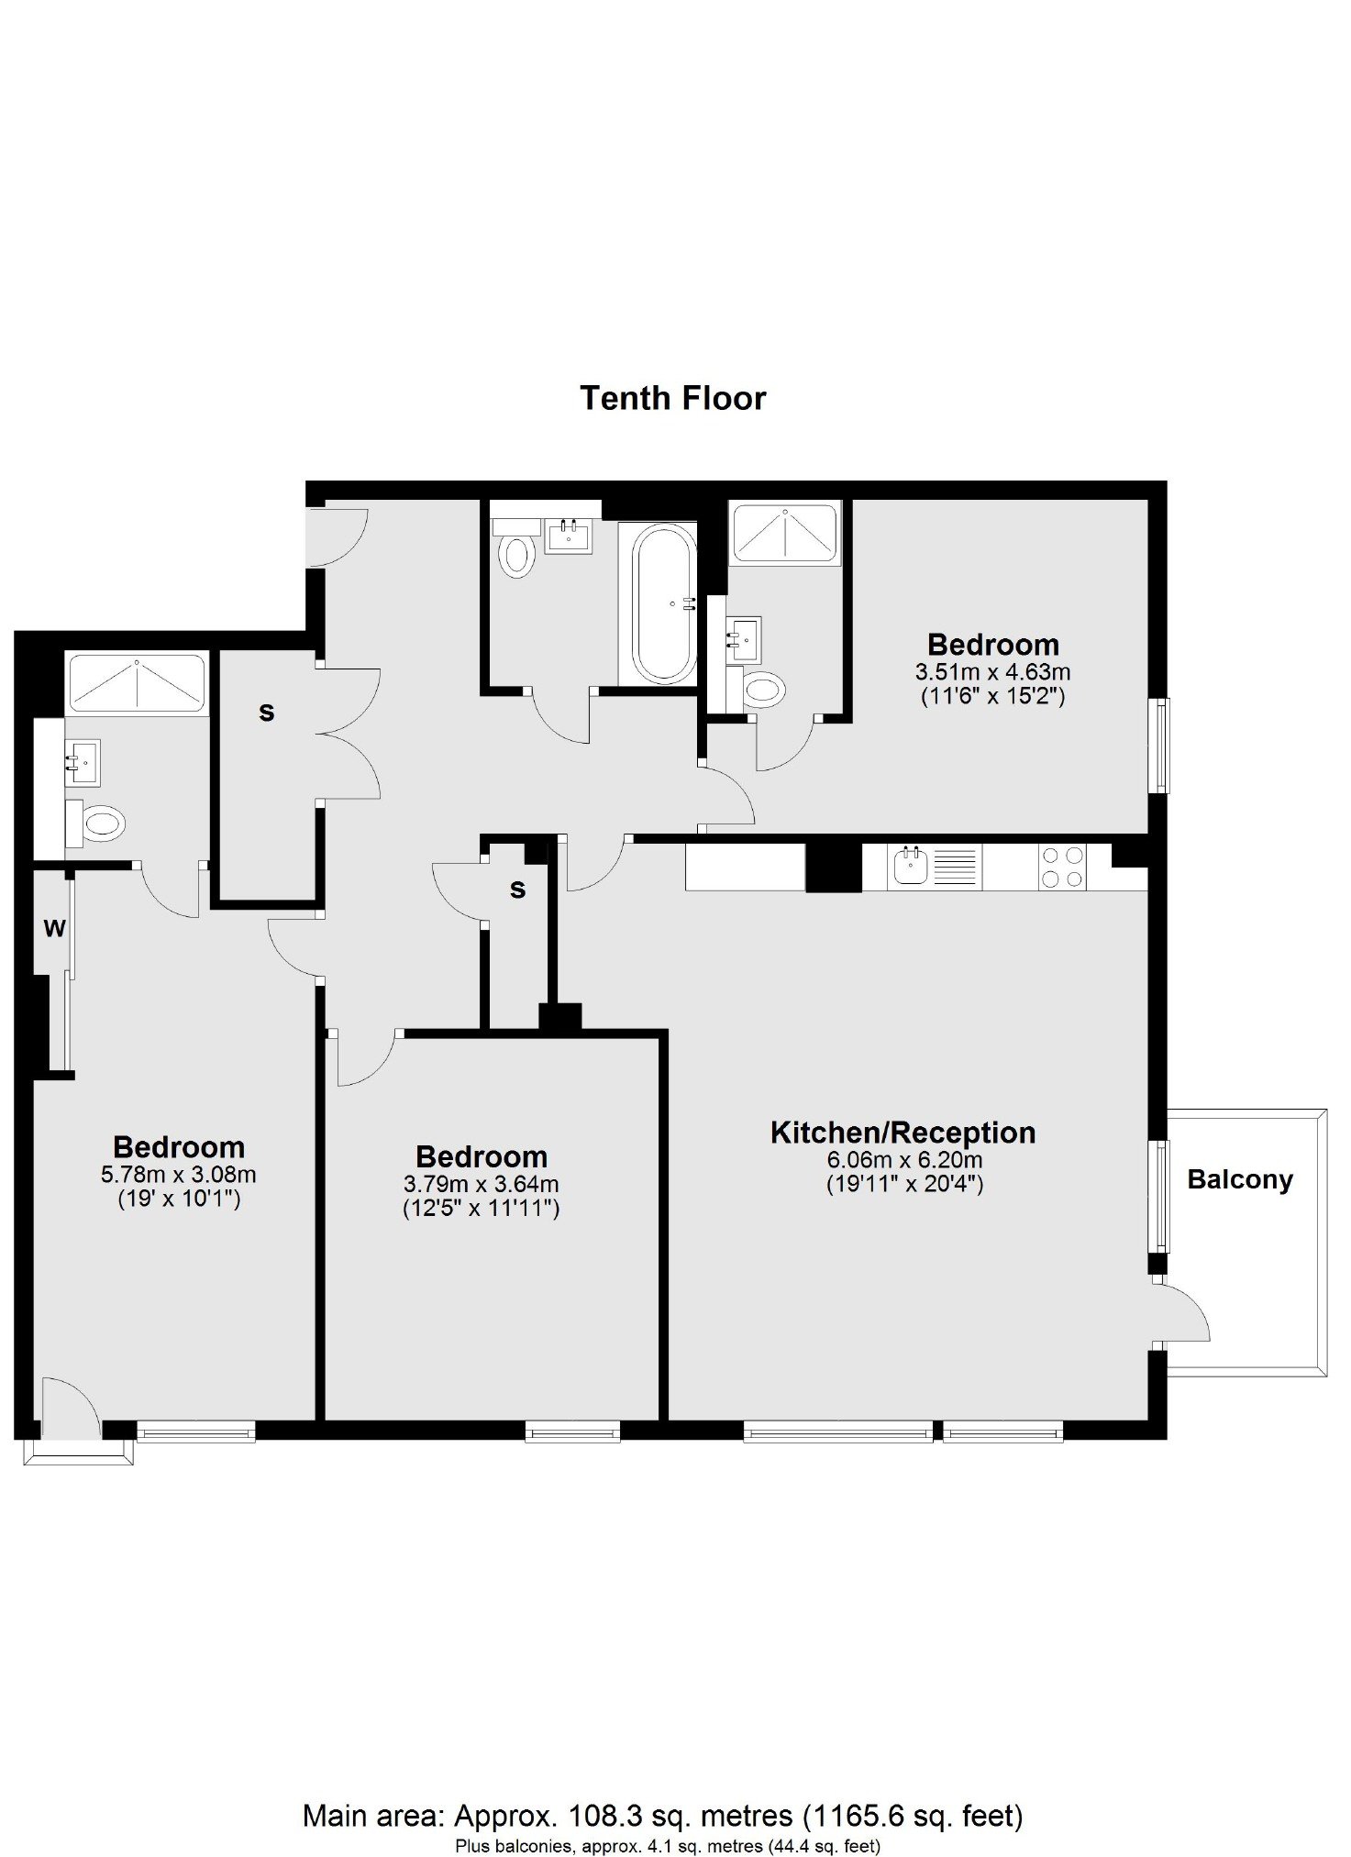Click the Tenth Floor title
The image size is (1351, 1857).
pyautogui.click(x=672, y=398)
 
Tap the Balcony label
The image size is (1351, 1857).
pyautogui.click(x=1240, y=1179)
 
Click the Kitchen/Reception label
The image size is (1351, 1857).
pyautogui.click(x=903, y=1133)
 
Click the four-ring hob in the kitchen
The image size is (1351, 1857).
pyautogui.click(x=1062, y=867)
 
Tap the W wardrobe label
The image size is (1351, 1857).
pyautogui.click(x=54, y=929)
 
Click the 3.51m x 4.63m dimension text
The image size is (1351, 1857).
pyautogui.click(x=992, y=672)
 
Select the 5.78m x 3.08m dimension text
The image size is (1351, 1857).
pyautogui.click(x=179, y=1175)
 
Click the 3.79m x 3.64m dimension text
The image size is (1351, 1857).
pyautogui.click(x=482, y=1184)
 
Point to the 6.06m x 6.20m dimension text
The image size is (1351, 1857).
pyautogui.click(x=904, y=1160)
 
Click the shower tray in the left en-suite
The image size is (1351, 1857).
pyautogui.click(x=137, y=683)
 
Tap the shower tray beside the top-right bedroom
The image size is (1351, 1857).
pyautogui.click(x=784, y=531)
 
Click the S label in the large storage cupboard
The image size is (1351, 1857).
pyautogui.click(x=267, y=712)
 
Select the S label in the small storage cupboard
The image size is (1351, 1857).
pyautogui.click(x=518, y=890)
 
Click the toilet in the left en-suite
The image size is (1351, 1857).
pyautogui.click(x=94, y=823)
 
